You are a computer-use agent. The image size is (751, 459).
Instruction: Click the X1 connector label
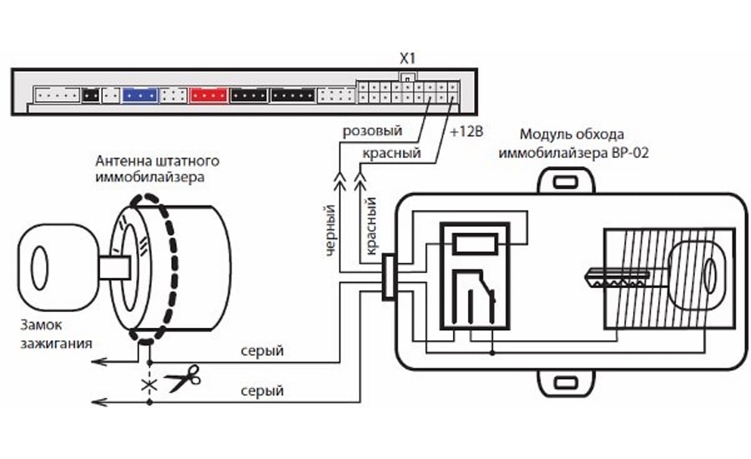coord(406,61)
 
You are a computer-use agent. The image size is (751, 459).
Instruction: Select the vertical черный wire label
coord(330,229)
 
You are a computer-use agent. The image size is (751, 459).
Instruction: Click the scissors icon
coord(183,381)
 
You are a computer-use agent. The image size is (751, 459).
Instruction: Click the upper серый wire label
coord(262,351)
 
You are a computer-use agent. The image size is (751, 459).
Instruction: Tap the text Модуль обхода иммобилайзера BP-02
coord(572,143)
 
